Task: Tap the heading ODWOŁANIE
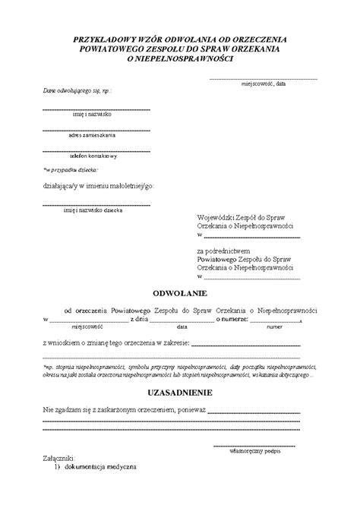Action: [x=180, y=292]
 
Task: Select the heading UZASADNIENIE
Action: [x=180, y=393]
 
